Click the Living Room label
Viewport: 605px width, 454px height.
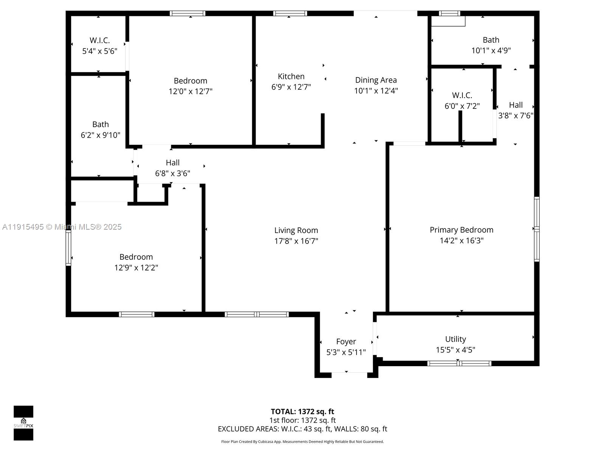(296, 230)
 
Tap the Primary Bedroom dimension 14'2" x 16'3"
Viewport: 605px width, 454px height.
(461, 241)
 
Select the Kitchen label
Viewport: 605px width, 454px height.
(291, 76)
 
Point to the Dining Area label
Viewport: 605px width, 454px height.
(376, 80)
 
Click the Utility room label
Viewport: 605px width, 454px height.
(455, 339)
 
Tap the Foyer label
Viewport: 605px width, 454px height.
(346, 342)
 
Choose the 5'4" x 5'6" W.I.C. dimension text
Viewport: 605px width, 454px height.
(100, 51)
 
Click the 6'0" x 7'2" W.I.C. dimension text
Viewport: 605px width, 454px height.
(462, 106)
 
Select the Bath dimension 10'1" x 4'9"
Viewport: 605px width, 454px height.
(491, 50)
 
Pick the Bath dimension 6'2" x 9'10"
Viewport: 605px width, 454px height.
(101, 135)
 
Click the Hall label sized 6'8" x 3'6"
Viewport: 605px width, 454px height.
(172, 163)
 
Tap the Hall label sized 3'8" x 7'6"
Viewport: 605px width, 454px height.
(516, 105)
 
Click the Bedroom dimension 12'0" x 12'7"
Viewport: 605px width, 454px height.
(191, 91)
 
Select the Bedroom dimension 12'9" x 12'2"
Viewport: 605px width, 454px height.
(136, 267)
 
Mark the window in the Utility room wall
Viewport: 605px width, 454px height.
(459, 363)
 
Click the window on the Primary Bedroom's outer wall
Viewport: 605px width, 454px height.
(537, 229)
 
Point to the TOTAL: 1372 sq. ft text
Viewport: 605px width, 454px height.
(302, 412)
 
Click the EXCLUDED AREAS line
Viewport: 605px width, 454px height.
(302, 429)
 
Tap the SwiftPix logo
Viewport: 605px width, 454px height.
(23, 423)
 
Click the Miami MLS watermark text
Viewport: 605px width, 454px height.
(62, 227)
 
